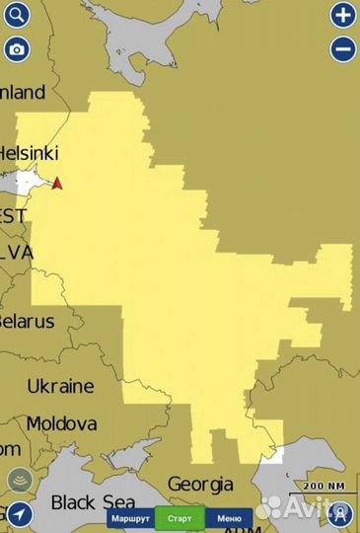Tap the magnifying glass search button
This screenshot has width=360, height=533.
pyautogui.click(x=17, y=15)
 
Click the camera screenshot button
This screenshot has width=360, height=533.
pyautogui.click(x=17, y=48)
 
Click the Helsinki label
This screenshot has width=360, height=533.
pyautogui.click(x=29, y=154)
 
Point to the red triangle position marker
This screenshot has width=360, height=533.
pyautogui.click(x=57, y=184)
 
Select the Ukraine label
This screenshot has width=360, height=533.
pyautogui.click(x=60, y=386)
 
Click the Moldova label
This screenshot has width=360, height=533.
pyautogui.click(x=61, y=423)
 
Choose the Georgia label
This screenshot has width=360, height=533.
pyautogui.click(x=200, y=485)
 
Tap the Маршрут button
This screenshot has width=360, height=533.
pyautogui.click(x=130, y=518)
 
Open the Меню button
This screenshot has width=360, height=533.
pyautogui.click(x=229, y=518)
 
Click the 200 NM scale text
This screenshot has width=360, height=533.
pyautogui.click(x=324, y=487)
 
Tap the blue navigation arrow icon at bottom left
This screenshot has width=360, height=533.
pyautogui.click(x=18, y=514)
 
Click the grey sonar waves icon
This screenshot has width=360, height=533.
pyautogui.click(x=18, y=481)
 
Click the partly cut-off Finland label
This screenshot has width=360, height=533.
pyautogui.click(x=23, y=93)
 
